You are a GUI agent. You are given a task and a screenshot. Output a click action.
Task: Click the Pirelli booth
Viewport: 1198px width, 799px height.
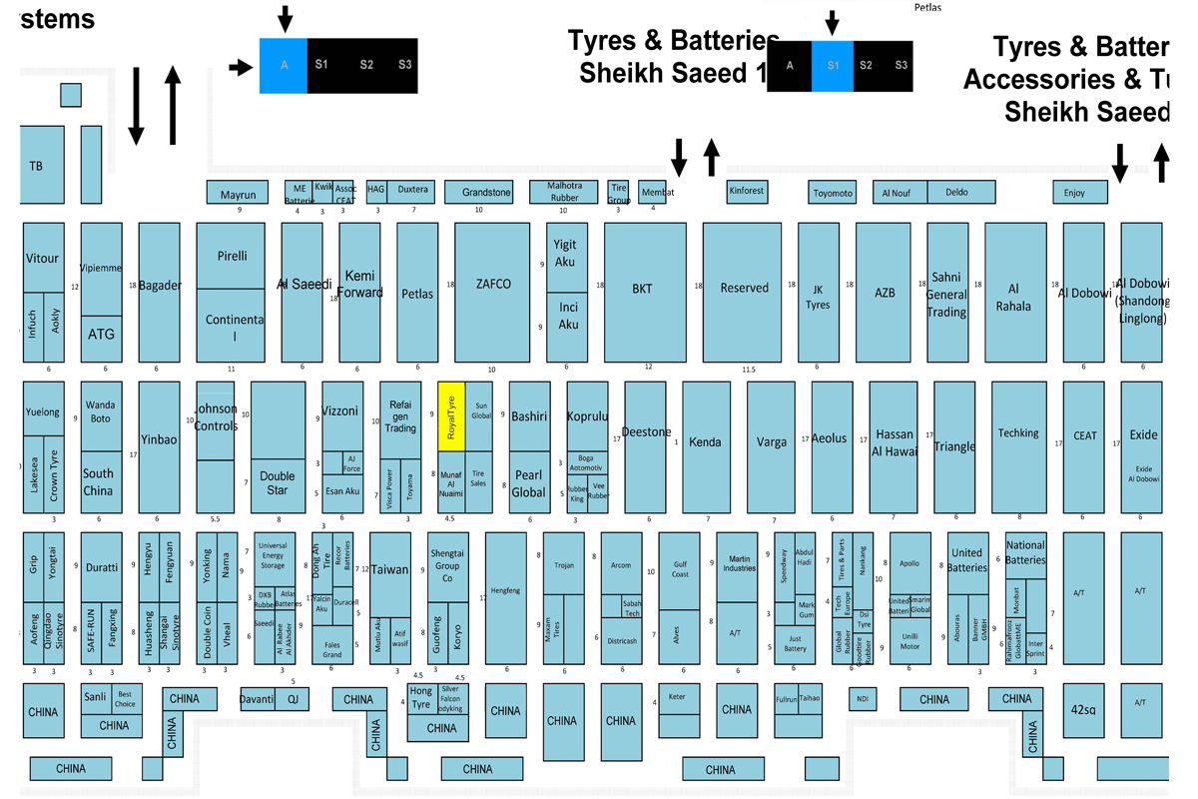click(233, 256)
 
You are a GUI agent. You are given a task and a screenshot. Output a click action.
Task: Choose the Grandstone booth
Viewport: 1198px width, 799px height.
click(486, 193)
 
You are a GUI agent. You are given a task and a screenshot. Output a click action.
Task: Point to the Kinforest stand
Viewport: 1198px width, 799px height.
click(747, 191)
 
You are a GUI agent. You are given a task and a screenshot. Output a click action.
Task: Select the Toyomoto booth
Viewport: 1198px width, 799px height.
click(833, 193)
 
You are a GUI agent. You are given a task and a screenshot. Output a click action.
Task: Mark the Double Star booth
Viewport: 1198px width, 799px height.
click(278, 483)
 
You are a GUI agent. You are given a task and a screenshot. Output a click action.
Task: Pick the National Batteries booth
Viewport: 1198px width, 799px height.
click(1026, 552)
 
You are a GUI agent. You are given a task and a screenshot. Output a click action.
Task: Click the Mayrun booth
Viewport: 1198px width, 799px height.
click(238, 193)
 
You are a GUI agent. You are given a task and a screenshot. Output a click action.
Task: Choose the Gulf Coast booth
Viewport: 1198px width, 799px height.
click(680, 568)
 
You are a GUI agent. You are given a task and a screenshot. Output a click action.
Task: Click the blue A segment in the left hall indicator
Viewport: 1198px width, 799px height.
click(284, 66)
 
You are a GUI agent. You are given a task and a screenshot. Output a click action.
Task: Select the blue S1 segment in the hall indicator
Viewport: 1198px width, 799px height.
click(833, 66)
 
